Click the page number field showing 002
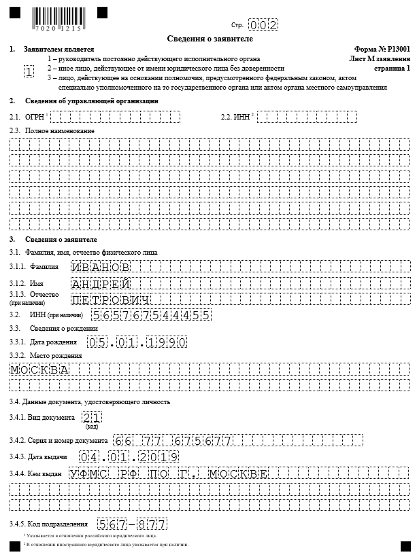coord(263,25)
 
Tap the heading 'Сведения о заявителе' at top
coord(208,39)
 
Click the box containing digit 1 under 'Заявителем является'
coord(29,72)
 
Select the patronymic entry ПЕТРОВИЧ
coord(111,300)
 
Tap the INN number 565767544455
coord(151,315)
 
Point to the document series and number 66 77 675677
coord(173,441)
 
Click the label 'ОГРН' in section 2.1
coord(35,118)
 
